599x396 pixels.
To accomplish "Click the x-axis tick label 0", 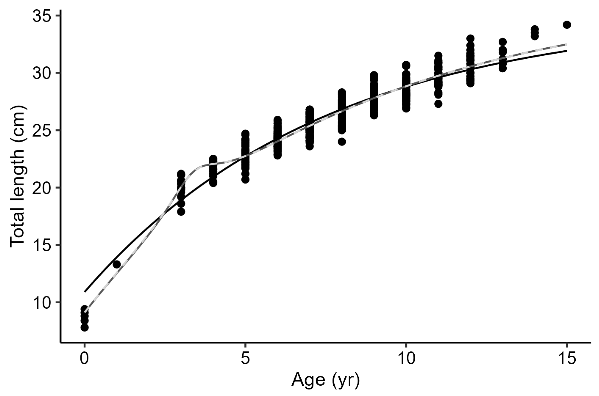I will click(85, 359).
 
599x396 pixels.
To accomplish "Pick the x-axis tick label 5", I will click(245, 359).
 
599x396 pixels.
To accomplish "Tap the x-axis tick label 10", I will click(406, 359).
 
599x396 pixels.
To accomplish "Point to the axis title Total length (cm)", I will click(17, 177).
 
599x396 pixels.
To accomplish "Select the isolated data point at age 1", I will click(116, 264).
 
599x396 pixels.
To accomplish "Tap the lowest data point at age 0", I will click(85, 327).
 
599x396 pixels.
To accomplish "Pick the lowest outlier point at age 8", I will click(342, 142).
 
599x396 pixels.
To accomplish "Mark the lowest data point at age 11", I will click(438, 104).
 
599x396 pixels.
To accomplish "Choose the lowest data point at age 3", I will click(181, 212).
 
